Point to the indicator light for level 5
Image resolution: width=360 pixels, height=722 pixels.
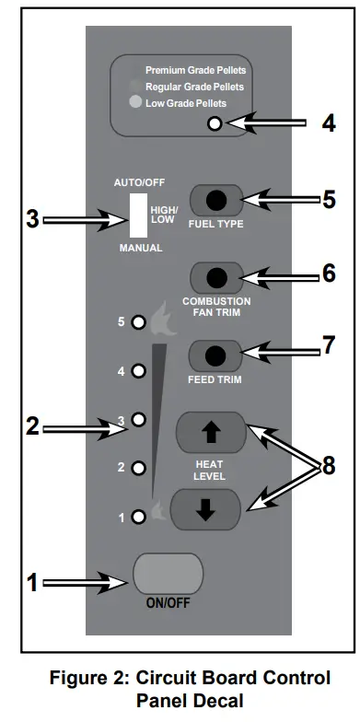[137, 323]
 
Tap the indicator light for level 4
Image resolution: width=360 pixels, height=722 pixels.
[137, 371]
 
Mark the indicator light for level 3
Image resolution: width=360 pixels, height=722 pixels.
[137, 419]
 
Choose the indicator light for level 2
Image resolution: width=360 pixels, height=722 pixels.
[137, 468]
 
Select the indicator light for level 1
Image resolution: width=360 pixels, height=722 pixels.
[137, 517]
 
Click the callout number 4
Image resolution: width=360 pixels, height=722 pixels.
[328, 123]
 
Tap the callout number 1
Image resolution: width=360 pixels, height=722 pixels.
[32, 582]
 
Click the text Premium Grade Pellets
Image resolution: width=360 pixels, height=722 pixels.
[196, 70]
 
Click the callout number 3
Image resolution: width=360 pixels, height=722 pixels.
[32, 220]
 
